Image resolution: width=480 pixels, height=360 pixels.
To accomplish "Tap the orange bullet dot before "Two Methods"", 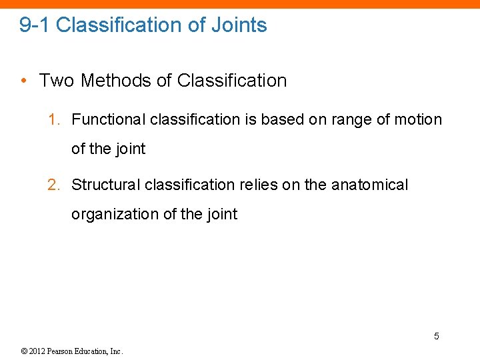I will [x=23, y=81].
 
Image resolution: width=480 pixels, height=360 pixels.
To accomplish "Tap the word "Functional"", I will [x=109, y=120].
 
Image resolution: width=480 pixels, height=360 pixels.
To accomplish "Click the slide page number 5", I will [x=437, y=336].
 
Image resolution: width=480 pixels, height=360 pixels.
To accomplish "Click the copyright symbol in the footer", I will [x=23, y=351].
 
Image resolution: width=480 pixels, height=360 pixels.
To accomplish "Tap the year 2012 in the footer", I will [x=37, y=351].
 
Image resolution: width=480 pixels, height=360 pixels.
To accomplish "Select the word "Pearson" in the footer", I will [x=62, y=351].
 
